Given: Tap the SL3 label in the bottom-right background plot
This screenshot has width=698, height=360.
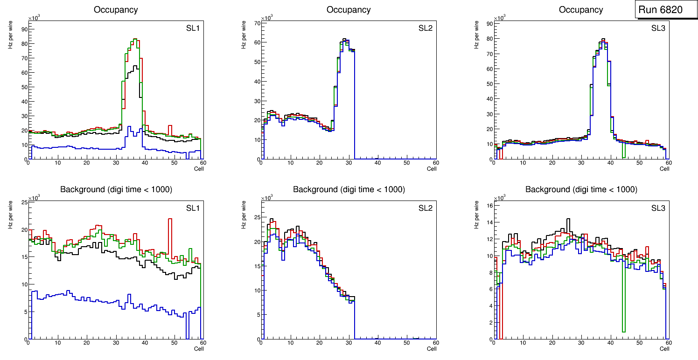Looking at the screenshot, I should pos(658,208).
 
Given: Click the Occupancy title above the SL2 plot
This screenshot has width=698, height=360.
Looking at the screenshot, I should pos(349,10).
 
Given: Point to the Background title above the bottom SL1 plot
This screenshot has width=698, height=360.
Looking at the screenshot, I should pos(116,189).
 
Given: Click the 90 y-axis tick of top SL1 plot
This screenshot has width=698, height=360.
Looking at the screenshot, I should pos(24,29).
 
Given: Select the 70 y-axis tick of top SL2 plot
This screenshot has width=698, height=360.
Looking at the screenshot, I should pos(256,22).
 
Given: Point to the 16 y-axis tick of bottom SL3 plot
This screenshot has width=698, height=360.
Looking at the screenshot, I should pos(489,205).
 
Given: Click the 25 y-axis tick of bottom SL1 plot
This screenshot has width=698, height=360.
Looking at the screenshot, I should pos(24,202).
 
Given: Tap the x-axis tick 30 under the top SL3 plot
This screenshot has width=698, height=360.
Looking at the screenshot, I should pos(581,163).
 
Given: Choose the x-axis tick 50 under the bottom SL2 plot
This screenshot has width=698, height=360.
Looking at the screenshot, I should pos(406,343).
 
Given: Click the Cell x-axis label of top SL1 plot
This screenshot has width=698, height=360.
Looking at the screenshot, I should pos(199,168).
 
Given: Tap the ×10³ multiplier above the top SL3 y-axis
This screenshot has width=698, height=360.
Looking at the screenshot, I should pos(500,18).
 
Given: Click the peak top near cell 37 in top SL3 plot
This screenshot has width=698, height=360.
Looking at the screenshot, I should pos(603,40).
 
